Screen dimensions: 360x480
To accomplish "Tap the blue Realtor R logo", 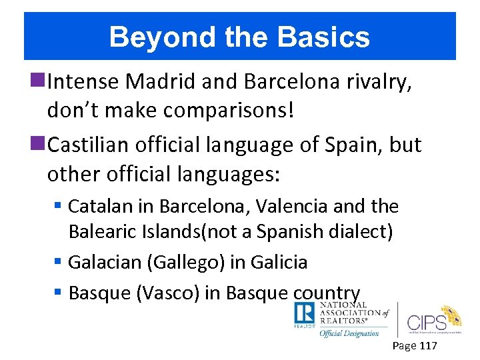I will coord(304,314).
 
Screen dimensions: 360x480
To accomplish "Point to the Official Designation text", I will coord(349,333).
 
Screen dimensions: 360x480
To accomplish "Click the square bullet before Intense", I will coord(40,81).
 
